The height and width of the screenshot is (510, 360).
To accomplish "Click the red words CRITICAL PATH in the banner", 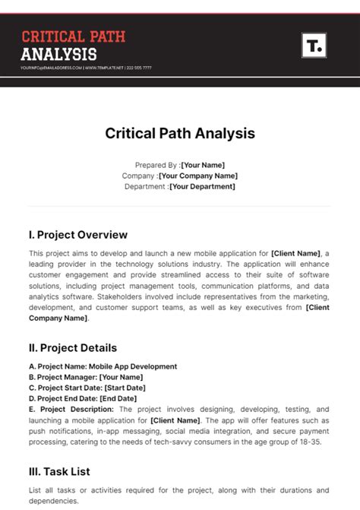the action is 73,36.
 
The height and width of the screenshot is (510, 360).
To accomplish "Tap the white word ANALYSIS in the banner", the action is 59,54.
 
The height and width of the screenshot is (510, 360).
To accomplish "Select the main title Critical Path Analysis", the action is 180,134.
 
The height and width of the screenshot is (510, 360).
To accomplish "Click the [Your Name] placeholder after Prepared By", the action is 203,165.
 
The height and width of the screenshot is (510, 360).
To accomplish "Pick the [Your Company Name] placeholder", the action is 198,176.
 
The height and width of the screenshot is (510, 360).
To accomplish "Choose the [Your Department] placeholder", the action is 202,186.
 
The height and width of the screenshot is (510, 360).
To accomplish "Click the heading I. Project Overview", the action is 78,235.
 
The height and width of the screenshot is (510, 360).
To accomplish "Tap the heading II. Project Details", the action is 73,348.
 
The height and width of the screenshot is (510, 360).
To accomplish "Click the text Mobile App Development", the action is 133,366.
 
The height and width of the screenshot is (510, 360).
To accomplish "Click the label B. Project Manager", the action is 62,377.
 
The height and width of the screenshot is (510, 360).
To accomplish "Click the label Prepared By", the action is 156,165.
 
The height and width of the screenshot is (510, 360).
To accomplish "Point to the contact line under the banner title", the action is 87,68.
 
